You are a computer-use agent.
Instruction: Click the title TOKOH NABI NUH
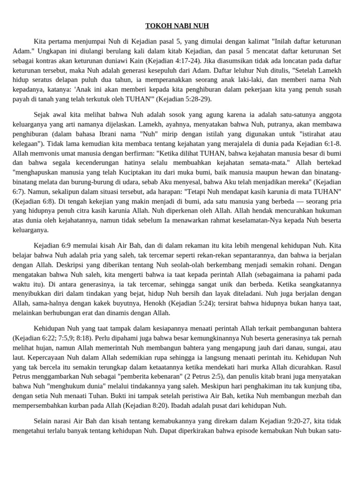pos(180,26)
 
